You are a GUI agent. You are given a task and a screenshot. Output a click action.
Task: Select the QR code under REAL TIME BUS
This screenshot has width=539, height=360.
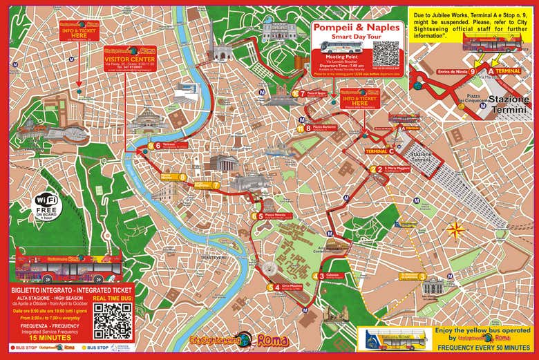coord(113,320)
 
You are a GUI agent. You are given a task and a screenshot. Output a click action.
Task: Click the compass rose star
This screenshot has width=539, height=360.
coord(455,229)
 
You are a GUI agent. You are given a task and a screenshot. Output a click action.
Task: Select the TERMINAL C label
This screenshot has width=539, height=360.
coord(380,151)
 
